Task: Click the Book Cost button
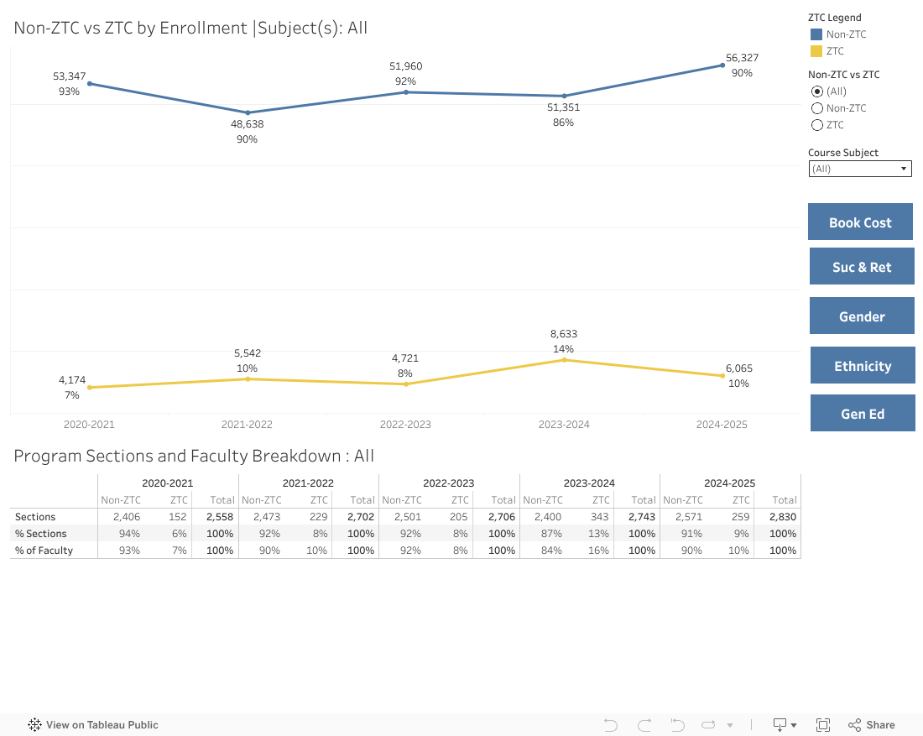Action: (x=860, y=222)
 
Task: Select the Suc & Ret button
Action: (x=862, y=267)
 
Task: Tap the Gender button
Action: (x=862, y=316)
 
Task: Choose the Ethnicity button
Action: (x=863, y=366)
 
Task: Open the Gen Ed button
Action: (x=863, y=414)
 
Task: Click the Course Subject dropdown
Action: (x=859, y=169)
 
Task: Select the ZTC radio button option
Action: (x=817, y=125)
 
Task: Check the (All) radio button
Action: (x=817, y=91)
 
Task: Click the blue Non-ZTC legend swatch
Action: (x=816, y=34)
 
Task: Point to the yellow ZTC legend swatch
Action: (x=816, y=51)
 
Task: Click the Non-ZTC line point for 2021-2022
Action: (x=248, y=112)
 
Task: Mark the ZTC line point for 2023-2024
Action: (x=564, y=360)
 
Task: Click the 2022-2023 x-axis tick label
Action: (x=405, y=425)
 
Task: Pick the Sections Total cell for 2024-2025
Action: (x=783, y=517)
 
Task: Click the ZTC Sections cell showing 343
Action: (x=600, y=517)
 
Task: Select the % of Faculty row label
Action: (x=44, y=551)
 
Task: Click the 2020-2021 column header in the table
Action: (x=168, y=483)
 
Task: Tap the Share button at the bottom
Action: (x=872, y=724)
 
